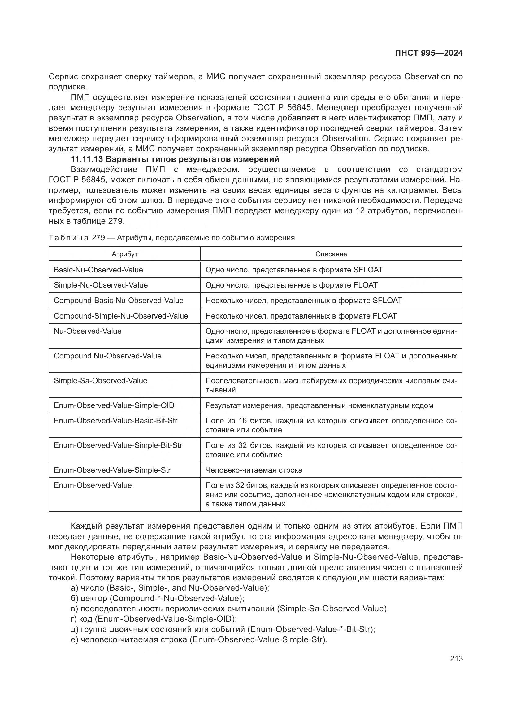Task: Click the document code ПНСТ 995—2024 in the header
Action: point(429,53)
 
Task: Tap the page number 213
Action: point(456,658)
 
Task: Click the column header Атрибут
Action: point(124,254)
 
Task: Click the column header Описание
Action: point(331,254)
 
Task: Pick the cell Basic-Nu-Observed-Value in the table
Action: point(98,270)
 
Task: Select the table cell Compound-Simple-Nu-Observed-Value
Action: point(121,316)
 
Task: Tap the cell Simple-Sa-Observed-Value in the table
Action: point(100,381)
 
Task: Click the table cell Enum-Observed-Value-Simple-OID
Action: point(114,405)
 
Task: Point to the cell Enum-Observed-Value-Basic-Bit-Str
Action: point(115,421)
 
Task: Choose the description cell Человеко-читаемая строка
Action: point(254,470)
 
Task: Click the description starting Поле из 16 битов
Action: point(331,425)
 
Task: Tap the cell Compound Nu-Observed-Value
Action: point(107,356)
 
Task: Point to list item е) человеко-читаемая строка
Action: point(199,639)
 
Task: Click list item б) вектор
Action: point(157,598)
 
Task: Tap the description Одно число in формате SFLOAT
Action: point(294,270)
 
